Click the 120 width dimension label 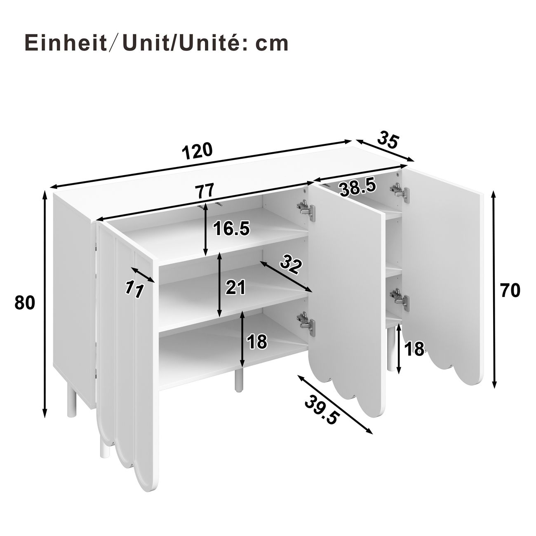click(x=197, y=152)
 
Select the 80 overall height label click(x=25, y=303)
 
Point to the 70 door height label click(x=510, y=291)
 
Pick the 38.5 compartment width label click(x=358, y=188)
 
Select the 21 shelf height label click(x=235, y=287)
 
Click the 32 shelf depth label click(x=291, y=266)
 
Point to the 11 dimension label click(x=134, y=289)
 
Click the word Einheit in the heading click(x=66, y=43)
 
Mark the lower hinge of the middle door click(x=306, y=324)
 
